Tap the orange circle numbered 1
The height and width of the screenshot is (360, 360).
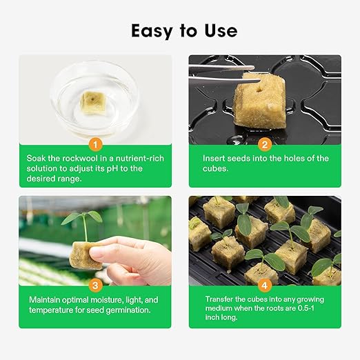(95, 144)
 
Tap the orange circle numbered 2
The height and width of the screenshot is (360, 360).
(265, 144)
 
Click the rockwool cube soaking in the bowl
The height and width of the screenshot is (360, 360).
(92, 101)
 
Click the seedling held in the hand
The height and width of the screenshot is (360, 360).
(83, 225)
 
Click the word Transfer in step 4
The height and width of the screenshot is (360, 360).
(221, 300)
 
